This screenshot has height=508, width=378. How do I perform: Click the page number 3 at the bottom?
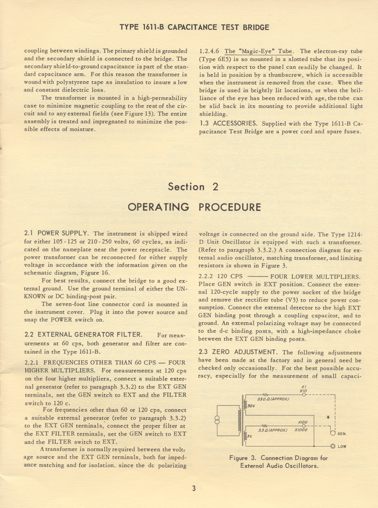(193, 489)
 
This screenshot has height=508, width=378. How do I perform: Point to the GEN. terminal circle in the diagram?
(333, 432)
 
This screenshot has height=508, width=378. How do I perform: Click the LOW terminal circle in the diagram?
(333, 446)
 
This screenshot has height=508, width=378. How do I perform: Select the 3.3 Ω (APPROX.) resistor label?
(272, 430)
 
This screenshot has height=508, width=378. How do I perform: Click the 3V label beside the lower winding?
(249, 436)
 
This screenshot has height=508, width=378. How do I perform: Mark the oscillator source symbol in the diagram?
(217, 419)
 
